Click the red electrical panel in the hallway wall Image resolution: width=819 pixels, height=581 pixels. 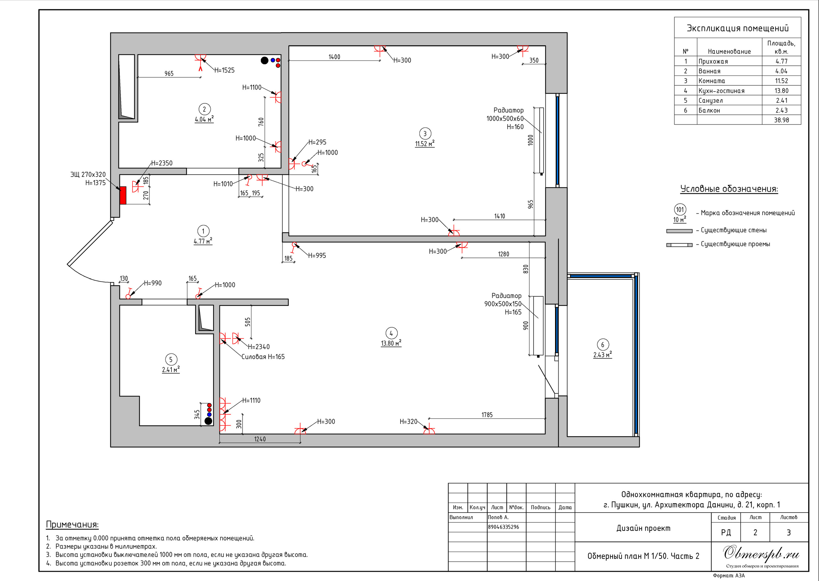click(x=123, y=195)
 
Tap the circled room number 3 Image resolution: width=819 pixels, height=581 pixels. click(x=425, y=134)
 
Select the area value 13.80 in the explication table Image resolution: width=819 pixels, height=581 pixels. click(x=782, y=91)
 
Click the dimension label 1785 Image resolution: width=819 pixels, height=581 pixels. click(x=487, y=415)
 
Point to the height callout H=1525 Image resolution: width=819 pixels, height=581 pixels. click(x=224, y=70)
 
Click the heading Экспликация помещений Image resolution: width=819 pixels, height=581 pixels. click(x=737, y=28)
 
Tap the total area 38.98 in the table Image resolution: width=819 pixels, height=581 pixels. click(x=782, y=120)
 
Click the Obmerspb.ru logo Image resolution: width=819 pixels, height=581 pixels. click(x=761, y=553)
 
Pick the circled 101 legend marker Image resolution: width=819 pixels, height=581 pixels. click(x=680, y=210)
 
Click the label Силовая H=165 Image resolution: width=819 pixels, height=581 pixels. click(x=263, y=357)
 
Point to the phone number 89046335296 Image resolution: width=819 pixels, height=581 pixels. click(x=504, y=527)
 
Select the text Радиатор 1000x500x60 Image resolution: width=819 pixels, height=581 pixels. click(x=505, y=114)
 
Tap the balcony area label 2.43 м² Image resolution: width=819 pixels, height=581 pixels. click(x=603, y=354)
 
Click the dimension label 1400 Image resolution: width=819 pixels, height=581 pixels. click(x=334, y=57)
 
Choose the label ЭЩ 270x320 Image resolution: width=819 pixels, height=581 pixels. click(x=88, y=175)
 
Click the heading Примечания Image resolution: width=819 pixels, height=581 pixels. click(x=72, y=524)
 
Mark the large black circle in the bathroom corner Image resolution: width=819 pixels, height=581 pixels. click(x=264, y=60)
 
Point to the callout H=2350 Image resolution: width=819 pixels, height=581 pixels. click(x=162, y=163)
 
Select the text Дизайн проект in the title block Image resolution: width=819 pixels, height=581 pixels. click(x=643, y=528)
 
